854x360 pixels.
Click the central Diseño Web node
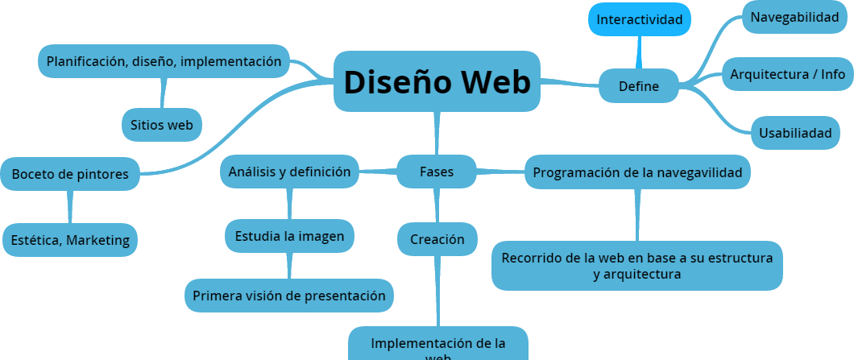coord(437,81)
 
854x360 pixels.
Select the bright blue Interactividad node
coord(640,19)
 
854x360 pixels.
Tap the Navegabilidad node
coord(794,17)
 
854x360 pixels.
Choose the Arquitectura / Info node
coord(787,74)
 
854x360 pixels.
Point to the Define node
coord(639,86)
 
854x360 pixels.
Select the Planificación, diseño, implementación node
coord(164,61)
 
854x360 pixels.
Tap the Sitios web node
coord(162,125)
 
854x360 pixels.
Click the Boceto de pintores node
coord(70,175)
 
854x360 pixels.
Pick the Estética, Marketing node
coord(70,239)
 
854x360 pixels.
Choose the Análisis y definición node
coord(289,172)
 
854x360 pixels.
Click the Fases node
coord(437,172)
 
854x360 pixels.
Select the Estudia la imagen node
coord(289,236)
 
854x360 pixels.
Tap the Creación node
coord(437,239)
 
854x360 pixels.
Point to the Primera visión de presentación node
coord(289,296)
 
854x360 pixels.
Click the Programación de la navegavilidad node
coord(638,172)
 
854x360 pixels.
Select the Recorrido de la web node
coord(636,266)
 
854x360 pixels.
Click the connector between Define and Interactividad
coord(640,53)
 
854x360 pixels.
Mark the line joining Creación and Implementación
coord(438,291)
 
